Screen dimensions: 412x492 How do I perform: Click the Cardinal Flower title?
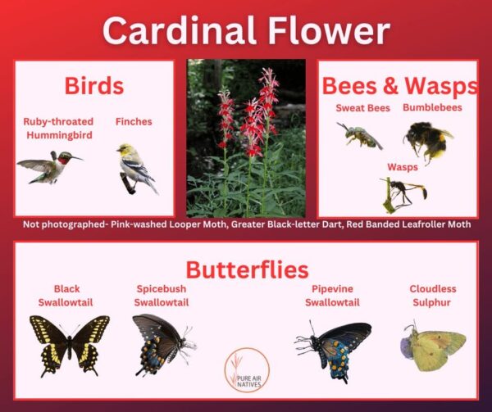click(246, 31)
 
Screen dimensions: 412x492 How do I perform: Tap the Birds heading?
click(94, 86)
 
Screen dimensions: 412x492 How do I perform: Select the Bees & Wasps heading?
click(400, 86)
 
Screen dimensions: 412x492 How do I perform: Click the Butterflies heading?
click(246, 269)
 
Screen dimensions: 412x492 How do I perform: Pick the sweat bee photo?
click(359, 134)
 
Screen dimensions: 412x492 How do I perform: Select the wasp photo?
click(402, 192)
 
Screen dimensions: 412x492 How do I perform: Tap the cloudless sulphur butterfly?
click(433, 344)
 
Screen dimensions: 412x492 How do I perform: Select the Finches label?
click(134, 122)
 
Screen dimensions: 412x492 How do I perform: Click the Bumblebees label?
click(432, 107)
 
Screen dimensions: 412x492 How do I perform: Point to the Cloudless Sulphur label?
click(433, 296)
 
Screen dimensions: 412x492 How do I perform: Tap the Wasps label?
click(403, 166)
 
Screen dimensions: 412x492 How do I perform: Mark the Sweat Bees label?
click(363, 107)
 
